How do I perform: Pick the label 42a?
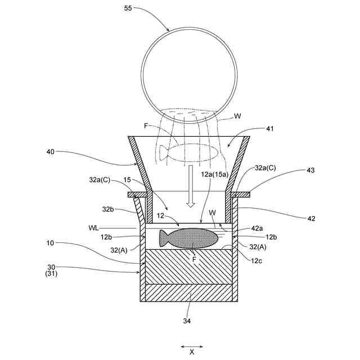(256, 228)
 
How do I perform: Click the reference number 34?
(186, 321)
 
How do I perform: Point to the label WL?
(94, 228)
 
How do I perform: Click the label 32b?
(109, 209)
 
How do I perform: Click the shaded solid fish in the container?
(188, 238)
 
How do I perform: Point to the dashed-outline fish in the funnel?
(188, 153)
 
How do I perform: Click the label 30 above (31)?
(51, 267)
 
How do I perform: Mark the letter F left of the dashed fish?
(146, 126)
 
